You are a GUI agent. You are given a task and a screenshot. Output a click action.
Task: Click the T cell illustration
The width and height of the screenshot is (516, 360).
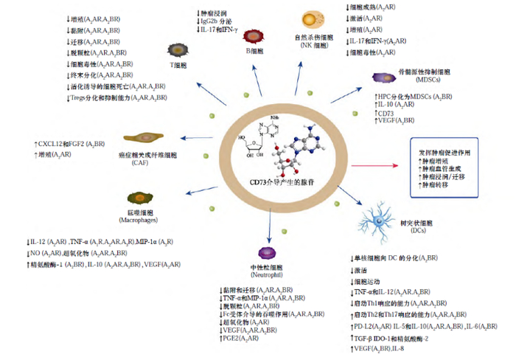click(178, 50)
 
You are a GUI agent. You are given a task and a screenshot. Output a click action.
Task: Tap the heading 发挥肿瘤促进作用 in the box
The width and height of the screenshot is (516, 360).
click(443, 150)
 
